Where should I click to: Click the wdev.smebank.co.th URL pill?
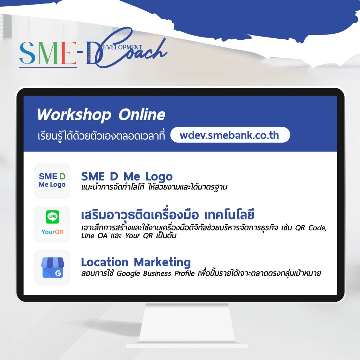[x=230, y=135]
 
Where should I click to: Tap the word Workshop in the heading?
[x=74, y=115]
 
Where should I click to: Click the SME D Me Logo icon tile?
[x=52, y=180]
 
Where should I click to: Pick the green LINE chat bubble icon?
[x=52, y=216]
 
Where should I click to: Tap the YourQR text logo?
[x=52, y=232]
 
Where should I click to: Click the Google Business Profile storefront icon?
[x=52, y=268]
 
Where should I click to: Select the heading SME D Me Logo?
[x=127, y=176]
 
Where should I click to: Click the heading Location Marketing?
[x=136, y=262]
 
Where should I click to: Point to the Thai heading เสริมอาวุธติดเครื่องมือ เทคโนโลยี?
[x=168, y=214]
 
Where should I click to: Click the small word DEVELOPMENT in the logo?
[x=124, y=47]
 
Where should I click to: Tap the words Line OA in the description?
[x=92, y=236]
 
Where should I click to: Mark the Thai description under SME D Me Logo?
[x=154, y=187]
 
